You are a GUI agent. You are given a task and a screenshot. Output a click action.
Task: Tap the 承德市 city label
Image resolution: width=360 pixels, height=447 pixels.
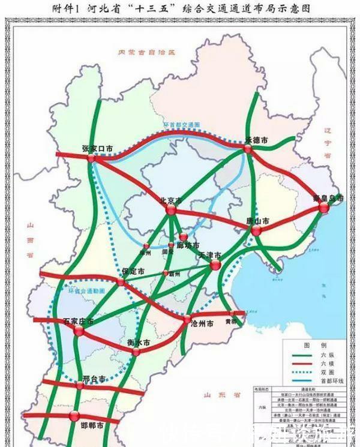[256, 140]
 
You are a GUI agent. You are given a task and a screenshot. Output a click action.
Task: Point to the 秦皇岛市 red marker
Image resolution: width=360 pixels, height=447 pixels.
[324, 208]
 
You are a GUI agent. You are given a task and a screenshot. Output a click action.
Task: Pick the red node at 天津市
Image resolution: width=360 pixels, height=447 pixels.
[215, 265]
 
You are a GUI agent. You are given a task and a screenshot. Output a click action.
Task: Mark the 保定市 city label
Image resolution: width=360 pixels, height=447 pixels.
[133, 271]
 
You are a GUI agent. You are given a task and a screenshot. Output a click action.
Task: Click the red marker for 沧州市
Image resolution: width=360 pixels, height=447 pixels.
[188, 319]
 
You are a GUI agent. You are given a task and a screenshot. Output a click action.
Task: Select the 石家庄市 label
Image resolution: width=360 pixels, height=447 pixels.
[79, 321]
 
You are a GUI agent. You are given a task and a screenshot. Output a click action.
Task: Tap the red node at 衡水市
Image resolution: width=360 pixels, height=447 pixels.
[137, 351]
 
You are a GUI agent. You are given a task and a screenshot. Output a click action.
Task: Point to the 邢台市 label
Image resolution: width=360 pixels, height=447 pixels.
[93, 379]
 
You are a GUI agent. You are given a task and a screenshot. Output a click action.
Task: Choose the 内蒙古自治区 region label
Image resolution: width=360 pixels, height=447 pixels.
[146, 53]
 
